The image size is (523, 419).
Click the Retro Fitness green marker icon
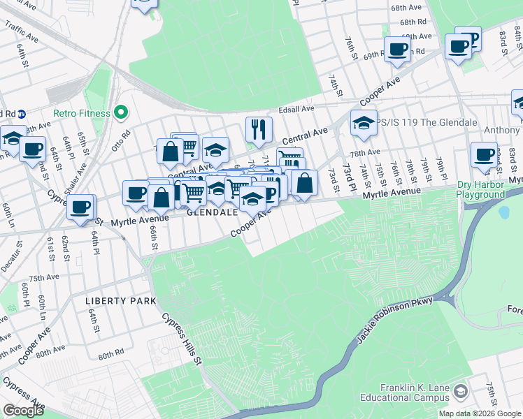pos(121,112)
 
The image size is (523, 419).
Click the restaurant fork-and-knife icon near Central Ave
pos(259,128)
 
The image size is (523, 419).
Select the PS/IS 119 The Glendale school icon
pos(364,122)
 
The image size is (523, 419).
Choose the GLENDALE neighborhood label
pos(213,211)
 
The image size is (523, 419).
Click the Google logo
pos(23,411)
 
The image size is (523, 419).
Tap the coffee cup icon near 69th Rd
pos(397,49)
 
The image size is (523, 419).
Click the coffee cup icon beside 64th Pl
pos(81,207)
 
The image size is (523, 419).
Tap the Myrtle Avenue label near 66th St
pos(140,219)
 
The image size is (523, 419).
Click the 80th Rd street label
pos(110,355)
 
